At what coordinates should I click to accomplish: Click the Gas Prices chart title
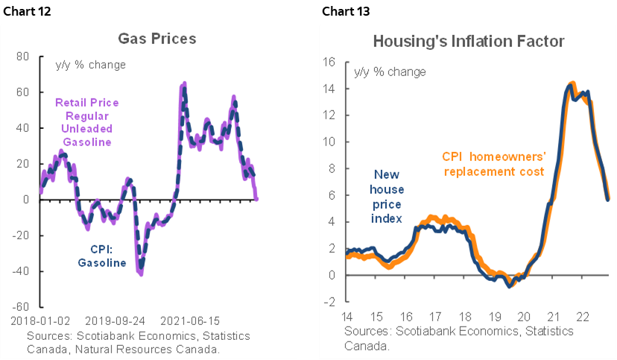tap(156, 37)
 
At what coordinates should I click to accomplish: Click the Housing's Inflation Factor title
tap(469, 41)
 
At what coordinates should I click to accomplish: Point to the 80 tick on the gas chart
tap(22, 56)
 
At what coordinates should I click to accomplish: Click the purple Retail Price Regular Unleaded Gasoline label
tap(88, 122)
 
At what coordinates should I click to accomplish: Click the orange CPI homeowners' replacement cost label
tap(493, 164)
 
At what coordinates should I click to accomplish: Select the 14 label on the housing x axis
tap(347, 315)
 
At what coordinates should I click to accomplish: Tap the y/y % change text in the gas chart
tap(91, 64)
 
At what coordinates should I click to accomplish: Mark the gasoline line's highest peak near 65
tap(184, 83)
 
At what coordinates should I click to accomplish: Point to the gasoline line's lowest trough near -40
tap(140, 273)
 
